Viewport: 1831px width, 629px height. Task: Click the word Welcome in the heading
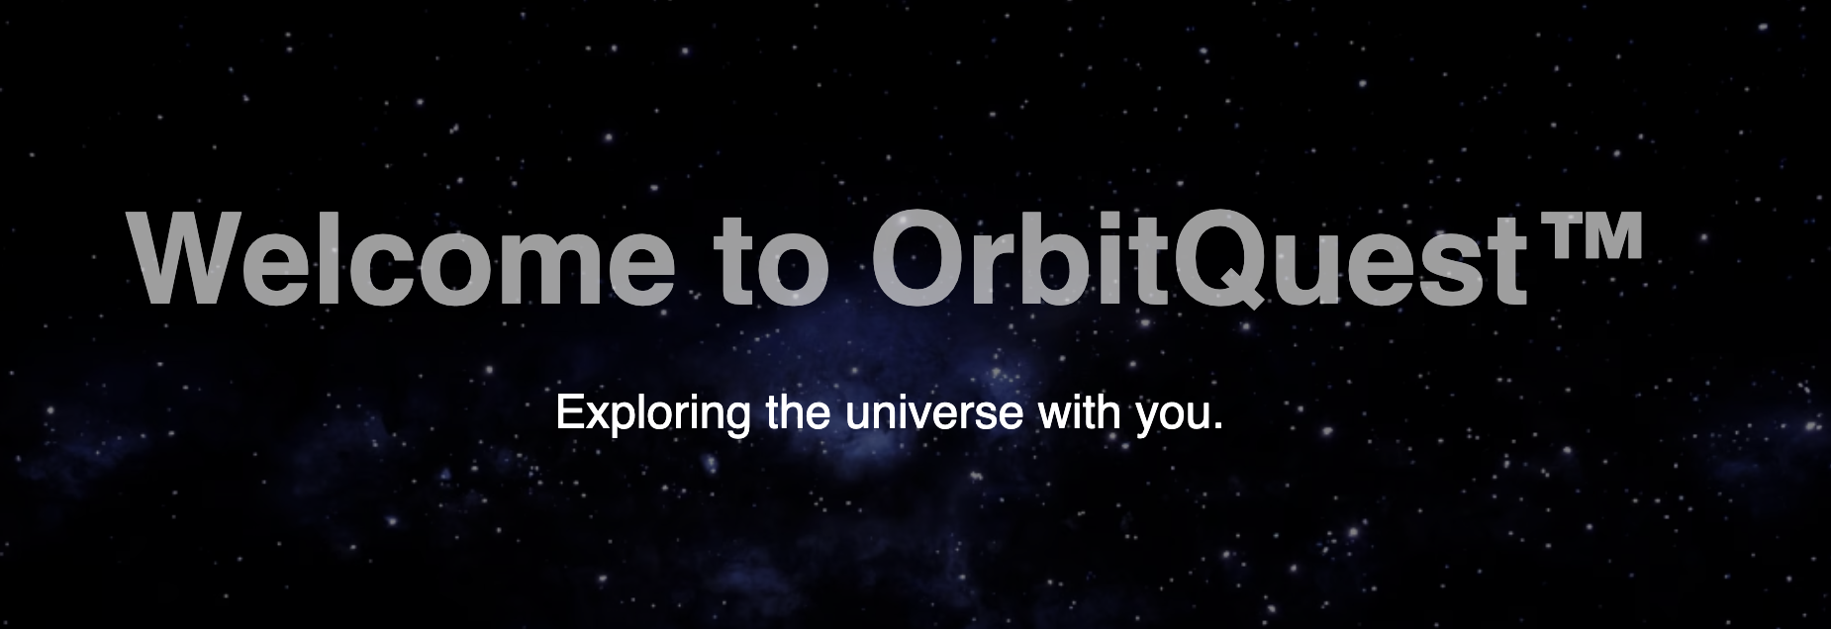pos(395,257)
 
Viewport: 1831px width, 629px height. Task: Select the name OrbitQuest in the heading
pos(1199,259)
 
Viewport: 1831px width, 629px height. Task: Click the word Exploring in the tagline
pos(653,413)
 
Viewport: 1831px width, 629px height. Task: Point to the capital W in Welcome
pos(190,257)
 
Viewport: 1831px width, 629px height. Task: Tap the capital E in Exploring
pos(571,412)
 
